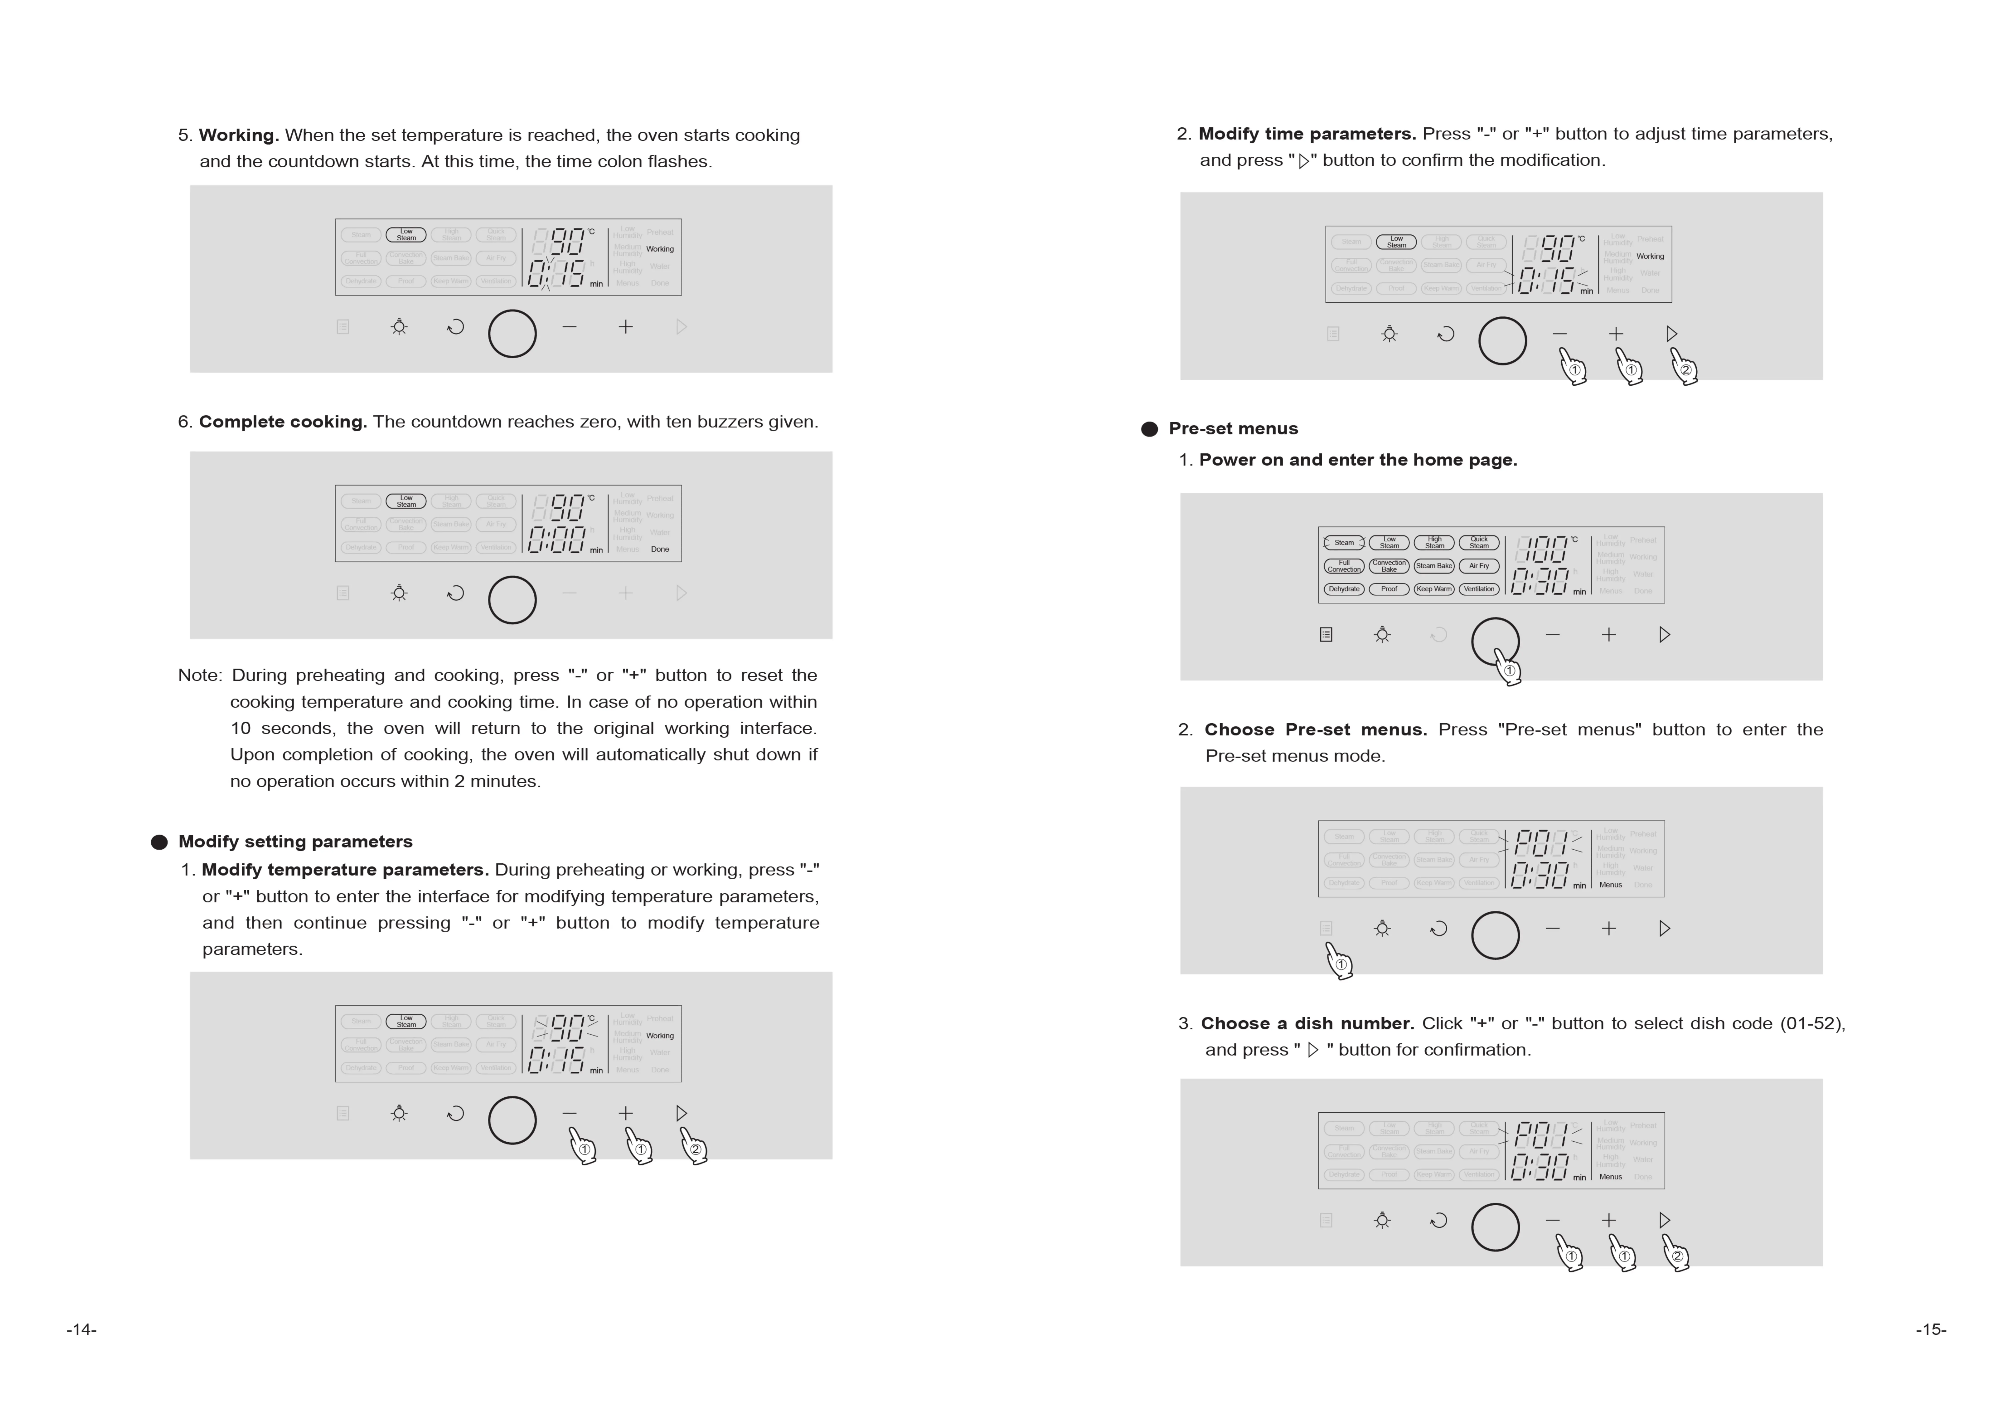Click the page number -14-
pos(82,1329)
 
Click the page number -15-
pos(1931,1329)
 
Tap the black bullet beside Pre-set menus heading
pos(1149,429)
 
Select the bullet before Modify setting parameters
pos(159,842)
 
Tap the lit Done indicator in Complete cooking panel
pos(660,549)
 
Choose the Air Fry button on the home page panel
pos(1479,566)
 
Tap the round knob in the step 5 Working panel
pos(511,333)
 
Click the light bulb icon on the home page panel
pos(1382,635)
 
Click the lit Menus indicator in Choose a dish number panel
pos(1610,1177)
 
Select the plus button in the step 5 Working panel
pos(625,326)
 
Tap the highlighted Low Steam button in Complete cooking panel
pos(406,501)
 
